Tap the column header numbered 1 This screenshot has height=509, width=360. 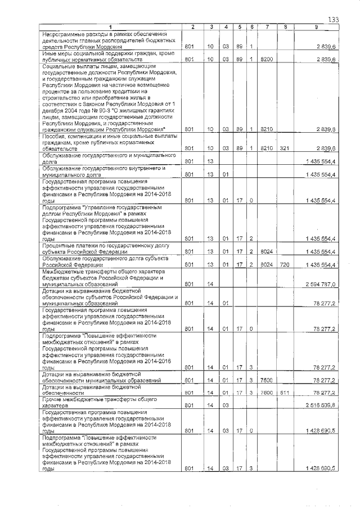tap(110, 27)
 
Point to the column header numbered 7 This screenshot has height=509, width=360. tap(267, 27)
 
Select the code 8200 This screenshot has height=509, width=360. tap(267, 59)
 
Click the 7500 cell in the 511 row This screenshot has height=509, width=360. tap(267, 393)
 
